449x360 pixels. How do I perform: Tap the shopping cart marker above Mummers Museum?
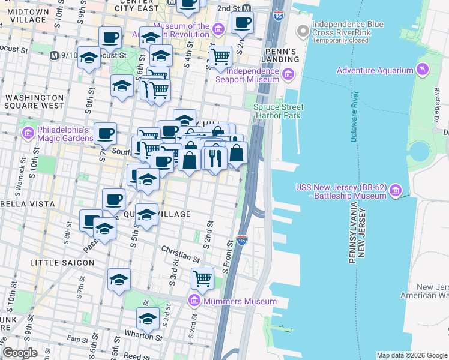tap(203, 278)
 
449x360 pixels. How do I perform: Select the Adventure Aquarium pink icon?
tap(423, 70)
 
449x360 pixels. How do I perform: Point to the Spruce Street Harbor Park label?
tap(278, 111)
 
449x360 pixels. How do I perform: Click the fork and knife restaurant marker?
tap(215, 158)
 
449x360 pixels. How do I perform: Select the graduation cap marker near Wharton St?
tap(148, 318)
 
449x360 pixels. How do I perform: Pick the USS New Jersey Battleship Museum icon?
tap(395, 191)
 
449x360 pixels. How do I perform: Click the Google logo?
tap(20, 353)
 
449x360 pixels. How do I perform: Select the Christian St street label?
tap(180, 254)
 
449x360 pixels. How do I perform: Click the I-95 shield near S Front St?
tap(242, 239)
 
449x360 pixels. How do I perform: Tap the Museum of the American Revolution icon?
tap(218, 29)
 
